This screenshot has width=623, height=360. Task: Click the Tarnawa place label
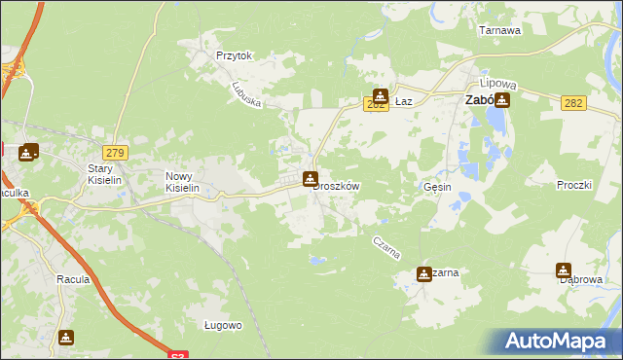point(500,30)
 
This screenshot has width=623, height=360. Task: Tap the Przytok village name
point(235,56)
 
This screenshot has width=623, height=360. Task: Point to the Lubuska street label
point(247,92)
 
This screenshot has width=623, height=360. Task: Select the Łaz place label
point(406,100)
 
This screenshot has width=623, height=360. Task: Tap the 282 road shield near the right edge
point(573,102)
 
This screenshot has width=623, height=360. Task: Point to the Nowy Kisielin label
point(181,181)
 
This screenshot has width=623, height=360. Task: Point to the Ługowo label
point(223,325)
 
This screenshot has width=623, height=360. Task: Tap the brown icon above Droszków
point(310,178)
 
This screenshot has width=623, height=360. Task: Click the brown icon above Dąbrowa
point(564,270)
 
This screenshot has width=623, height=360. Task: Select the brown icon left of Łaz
point(380,97)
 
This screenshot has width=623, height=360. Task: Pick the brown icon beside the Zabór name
point(502,99)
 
